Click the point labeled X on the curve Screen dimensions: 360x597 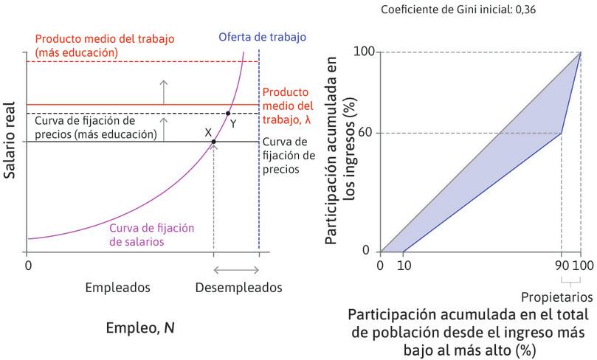[214, 142]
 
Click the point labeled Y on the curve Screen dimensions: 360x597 [227, 113]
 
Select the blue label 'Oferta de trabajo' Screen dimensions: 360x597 [262, 38]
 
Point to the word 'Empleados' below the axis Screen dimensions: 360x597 [117, 287]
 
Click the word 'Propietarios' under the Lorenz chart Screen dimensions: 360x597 [557, 297]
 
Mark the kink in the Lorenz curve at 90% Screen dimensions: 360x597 [562, 133]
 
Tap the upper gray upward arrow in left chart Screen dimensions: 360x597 [164, 89]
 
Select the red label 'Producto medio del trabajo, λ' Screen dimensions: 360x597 [288, 105]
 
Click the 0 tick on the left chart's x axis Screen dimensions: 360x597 [28, 265]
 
